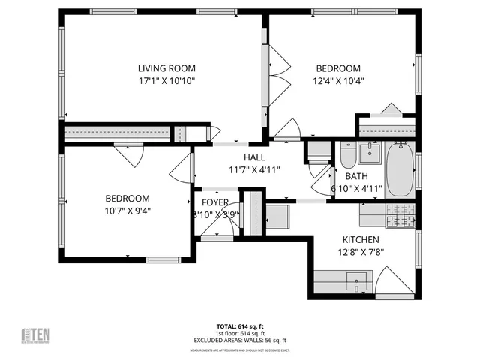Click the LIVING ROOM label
166,67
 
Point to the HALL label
254,157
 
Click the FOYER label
215,202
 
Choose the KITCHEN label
360,239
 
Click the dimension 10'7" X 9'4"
127,211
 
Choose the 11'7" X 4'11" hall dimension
254,170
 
